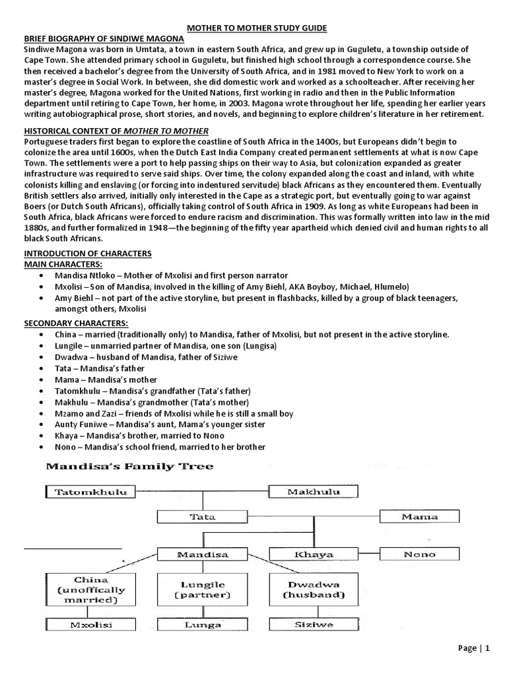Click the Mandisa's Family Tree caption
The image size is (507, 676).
pos(129,467)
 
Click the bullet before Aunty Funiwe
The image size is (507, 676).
pos(43,424)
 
